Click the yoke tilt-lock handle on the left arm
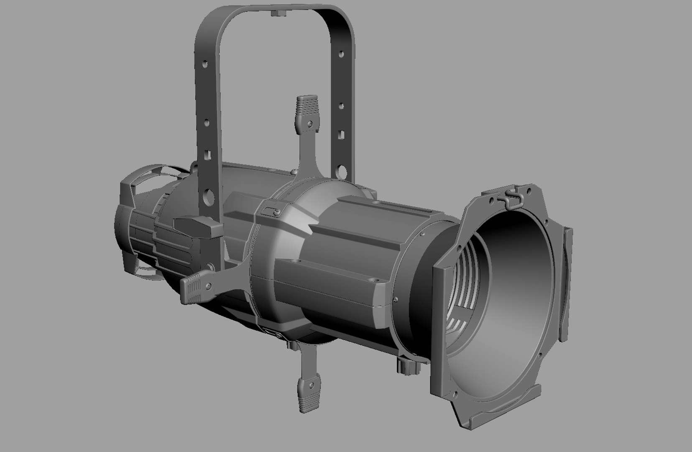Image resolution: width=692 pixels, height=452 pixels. (198, 227)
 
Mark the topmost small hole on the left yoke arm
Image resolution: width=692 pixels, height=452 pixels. (205, 64)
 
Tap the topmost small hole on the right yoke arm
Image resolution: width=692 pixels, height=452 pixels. (342, 54)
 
